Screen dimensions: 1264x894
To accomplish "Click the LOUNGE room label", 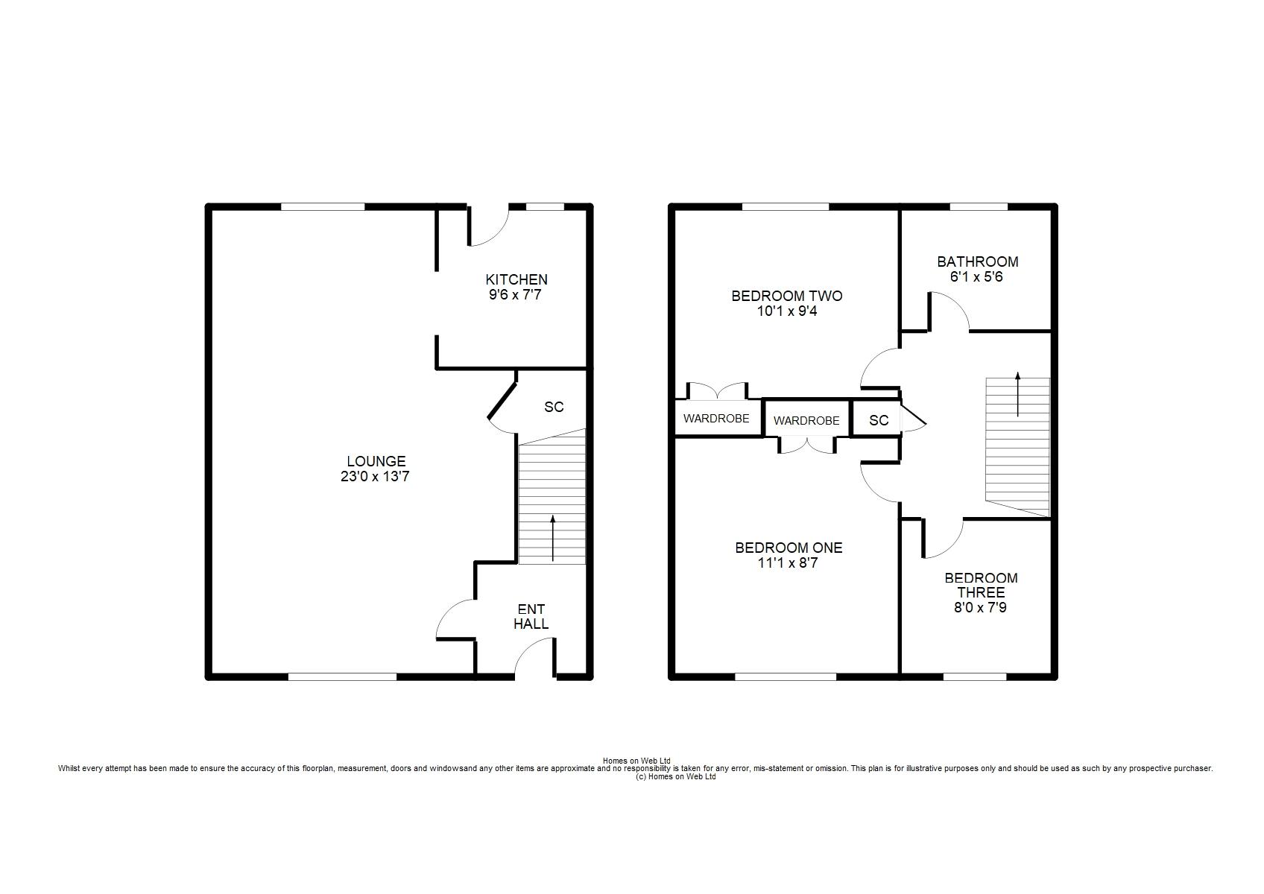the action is tap(376, 461).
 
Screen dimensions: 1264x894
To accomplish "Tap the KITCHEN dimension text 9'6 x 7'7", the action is tap(515, 294).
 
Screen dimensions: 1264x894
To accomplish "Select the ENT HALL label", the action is tap(531, 617).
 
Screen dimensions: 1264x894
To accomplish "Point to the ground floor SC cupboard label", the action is tap(554, 408).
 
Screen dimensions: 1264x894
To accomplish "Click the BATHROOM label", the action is tap(978, 261).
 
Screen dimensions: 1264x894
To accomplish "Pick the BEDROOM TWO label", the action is tap(787, 296).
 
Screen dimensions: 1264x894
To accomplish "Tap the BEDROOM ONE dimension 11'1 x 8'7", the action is tap(788, 563).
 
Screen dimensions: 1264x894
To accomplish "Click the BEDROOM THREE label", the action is tap(982, 586).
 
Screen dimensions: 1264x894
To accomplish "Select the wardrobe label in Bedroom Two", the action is tap(716, 419).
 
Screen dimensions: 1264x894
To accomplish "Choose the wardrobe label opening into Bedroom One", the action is tap(806, 421).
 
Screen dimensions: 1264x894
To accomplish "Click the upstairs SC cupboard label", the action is tap(879, 420).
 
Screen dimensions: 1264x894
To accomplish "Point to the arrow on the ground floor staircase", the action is tap(552, 538).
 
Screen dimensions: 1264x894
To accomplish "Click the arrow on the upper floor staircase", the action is tap(1018, 394).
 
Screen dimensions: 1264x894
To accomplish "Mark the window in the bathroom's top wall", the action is tap(979, 207).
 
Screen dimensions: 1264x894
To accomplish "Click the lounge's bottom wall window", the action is tap(343, 676).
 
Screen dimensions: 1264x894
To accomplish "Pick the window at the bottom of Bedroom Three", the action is tap(975, 676).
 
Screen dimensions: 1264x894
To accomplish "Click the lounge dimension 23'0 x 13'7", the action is tap(375, 477).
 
